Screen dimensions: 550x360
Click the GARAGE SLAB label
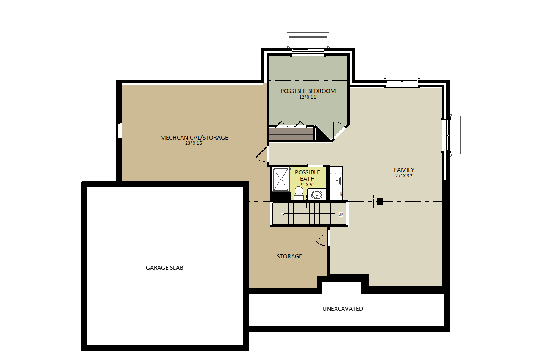(164, 268)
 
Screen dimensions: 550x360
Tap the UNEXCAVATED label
(342, 309)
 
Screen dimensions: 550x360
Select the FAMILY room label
(404, 170)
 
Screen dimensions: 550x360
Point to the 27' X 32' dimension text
(404, 176)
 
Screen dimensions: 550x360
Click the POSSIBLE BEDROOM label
(308, 91)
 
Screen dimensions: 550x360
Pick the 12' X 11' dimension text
(308, 97)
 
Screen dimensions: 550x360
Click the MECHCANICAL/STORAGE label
(194, 138)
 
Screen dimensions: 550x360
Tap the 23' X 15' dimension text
(194, 143)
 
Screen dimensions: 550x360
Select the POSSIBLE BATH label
(307, 175)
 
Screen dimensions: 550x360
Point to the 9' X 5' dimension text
(307, 185)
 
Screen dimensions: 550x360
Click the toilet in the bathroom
(299, 194)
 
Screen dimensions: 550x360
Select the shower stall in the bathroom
(281, 179)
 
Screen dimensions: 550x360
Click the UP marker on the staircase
(341, 214)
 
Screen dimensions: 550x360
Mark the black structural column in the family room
(380, 202)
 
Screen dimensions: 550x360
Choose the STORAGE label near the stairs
(289, 256)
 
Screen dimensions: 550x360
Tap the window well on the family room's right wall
(457, 135)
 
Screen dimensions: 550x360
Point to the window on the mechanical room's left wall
(119, 131)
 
